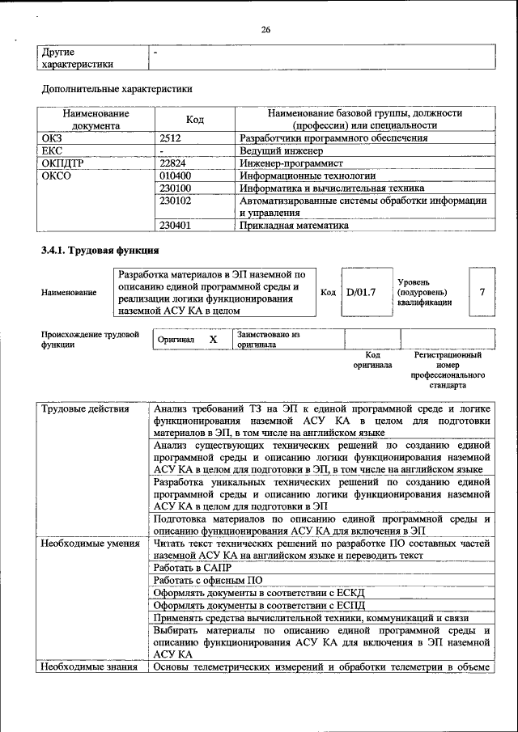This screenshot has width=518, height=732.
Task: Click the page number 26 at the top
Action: click(265, 30)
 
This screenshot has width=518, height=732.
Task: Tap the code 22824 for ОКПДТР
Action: click(173, 163)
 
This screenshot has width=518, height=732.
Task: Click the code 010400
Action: click(176, 175)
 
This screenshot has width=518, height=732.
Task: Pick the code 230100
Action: click(176, 187)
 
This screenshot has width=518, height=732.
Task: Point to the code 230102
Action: click(176, 200)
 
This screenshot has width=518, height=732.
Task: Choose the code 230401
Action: click(176, 226)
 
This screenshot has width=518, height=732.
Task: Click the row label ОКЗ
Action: click(52, 138)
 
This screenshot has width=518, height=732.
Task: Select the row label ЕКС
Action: click(51, 150)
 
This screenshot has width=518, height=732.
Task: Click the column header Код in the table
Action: click(195, 120)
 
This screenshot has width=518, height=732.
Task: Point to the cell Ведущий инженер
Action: click(280, 150)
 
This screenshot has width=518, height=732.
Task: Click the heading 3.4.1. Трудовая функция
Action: click(100, 250)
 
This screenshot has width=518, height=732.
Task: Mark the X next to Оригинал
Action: click(213, 340)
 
